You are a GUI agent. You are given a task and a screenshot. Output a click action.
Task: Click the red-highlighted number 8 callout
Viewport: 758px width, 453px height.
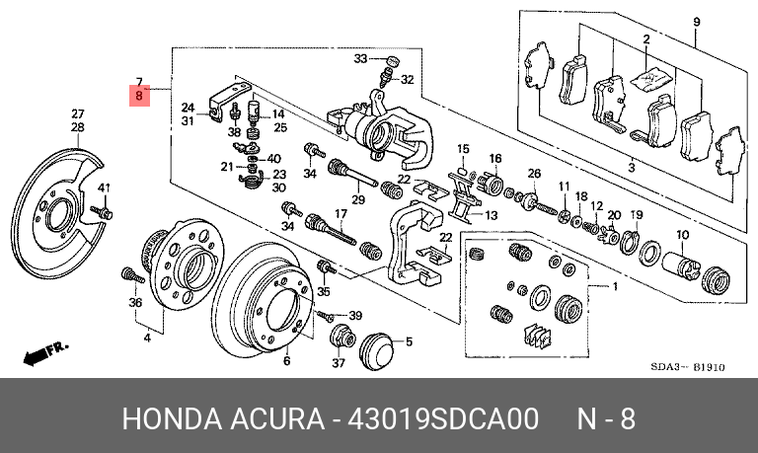139,97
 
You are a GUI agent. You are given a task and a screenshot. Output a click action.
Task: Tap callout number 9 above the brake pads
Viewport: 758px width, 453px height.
696,22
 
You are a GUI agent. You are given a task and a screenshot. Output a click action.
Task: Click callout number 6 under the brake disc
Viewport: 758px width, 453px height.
286,361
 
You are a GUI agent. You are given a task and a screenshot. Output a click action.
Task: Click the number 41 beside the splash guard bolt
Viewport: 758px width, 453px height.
104,188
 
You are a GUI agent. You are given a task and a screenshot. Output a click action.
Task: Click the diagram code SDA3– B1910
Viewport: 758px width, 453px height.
689,367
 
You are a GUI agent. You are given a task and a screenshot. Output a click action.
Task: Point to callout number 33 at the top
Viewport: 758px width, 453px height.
360,59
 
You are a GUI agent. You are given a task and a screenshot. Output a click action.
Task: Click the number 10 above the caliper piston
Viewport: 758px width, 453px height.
681,234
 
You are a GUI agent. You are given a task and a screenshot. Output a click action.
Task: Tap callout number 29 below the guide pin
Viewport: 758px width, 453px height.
358,200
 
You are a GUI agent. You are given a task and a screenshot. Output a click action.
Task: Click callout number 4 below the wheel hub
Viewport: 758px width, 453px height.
146,339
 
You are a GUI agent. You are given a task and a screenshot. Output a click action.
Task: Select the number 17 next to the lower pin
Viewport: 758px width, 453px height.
341,214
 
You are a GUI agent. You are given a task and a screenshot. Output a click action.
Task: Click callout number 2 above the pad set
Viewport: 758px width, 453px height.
645,39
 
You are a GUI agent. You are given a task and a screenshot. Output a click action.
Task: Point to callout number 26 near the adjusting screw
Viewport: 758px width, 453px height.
534,174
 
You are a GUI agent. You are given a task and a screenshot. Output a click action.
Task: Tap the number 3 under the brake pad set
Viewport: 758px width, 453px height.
631,168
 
